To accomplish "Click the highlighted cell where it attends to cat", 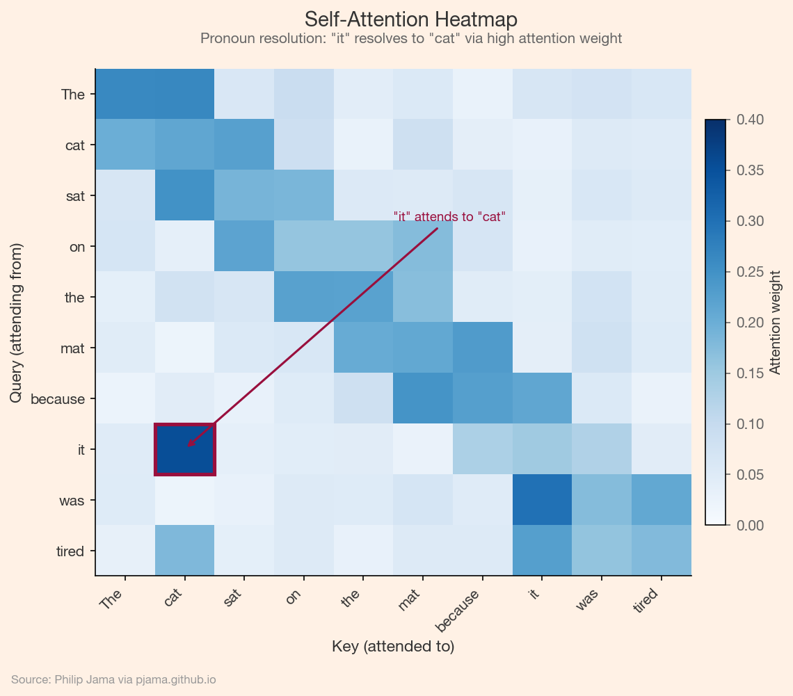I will click(x=184, y=449).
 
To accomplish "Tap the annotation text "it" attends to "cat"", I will click(x=449, y=216).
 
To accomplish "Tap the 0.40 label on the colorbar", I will click(x=750, y=120).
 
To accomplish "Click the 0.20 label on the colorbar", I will click(x=750, y=323).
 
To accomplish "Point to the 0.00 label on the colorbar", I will click(x=750, y=525).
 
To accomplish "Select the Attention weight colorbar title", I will click(x=775, y=322).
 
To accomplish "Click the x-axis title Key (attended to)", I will click(x=393, y=647).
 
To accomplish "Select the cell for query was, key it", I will click(x=542, y=500).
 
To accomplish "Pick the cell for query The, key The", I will click(x=125, y=95).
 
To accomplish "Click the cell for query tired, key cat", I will click(x=184, y=551).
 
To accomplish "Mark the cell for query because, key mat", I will click(x=423, y=398).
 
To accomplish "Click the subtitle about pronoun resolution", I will click(x=410, y=39).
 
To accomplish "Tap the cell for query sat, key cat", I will click(x=184, y=196).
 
